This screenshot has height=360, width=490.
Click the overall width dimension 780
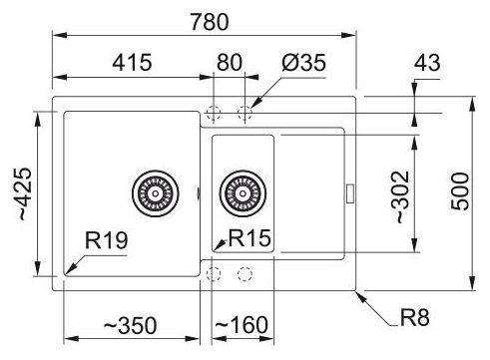click(210, 22)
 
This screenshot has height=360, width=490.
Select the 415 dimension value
click(132, 62)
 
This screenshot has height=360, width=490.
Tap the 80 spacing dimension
click(230, 62)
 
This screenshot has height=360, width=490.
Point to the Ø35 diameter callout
click(303, 62)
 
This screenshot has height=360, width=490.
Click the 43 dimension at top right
click(427, 62)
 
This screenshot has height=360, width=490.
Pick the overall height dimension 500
click(460, 191)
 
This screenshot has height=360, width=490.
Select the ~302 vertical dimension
click(400, 196)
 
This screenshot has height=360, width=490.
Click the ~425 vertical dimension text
click(24, 193)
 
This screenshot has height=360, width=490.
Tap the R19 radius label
click(106, 240)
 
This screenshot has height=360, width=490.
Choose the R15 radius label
click(249, 238)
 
